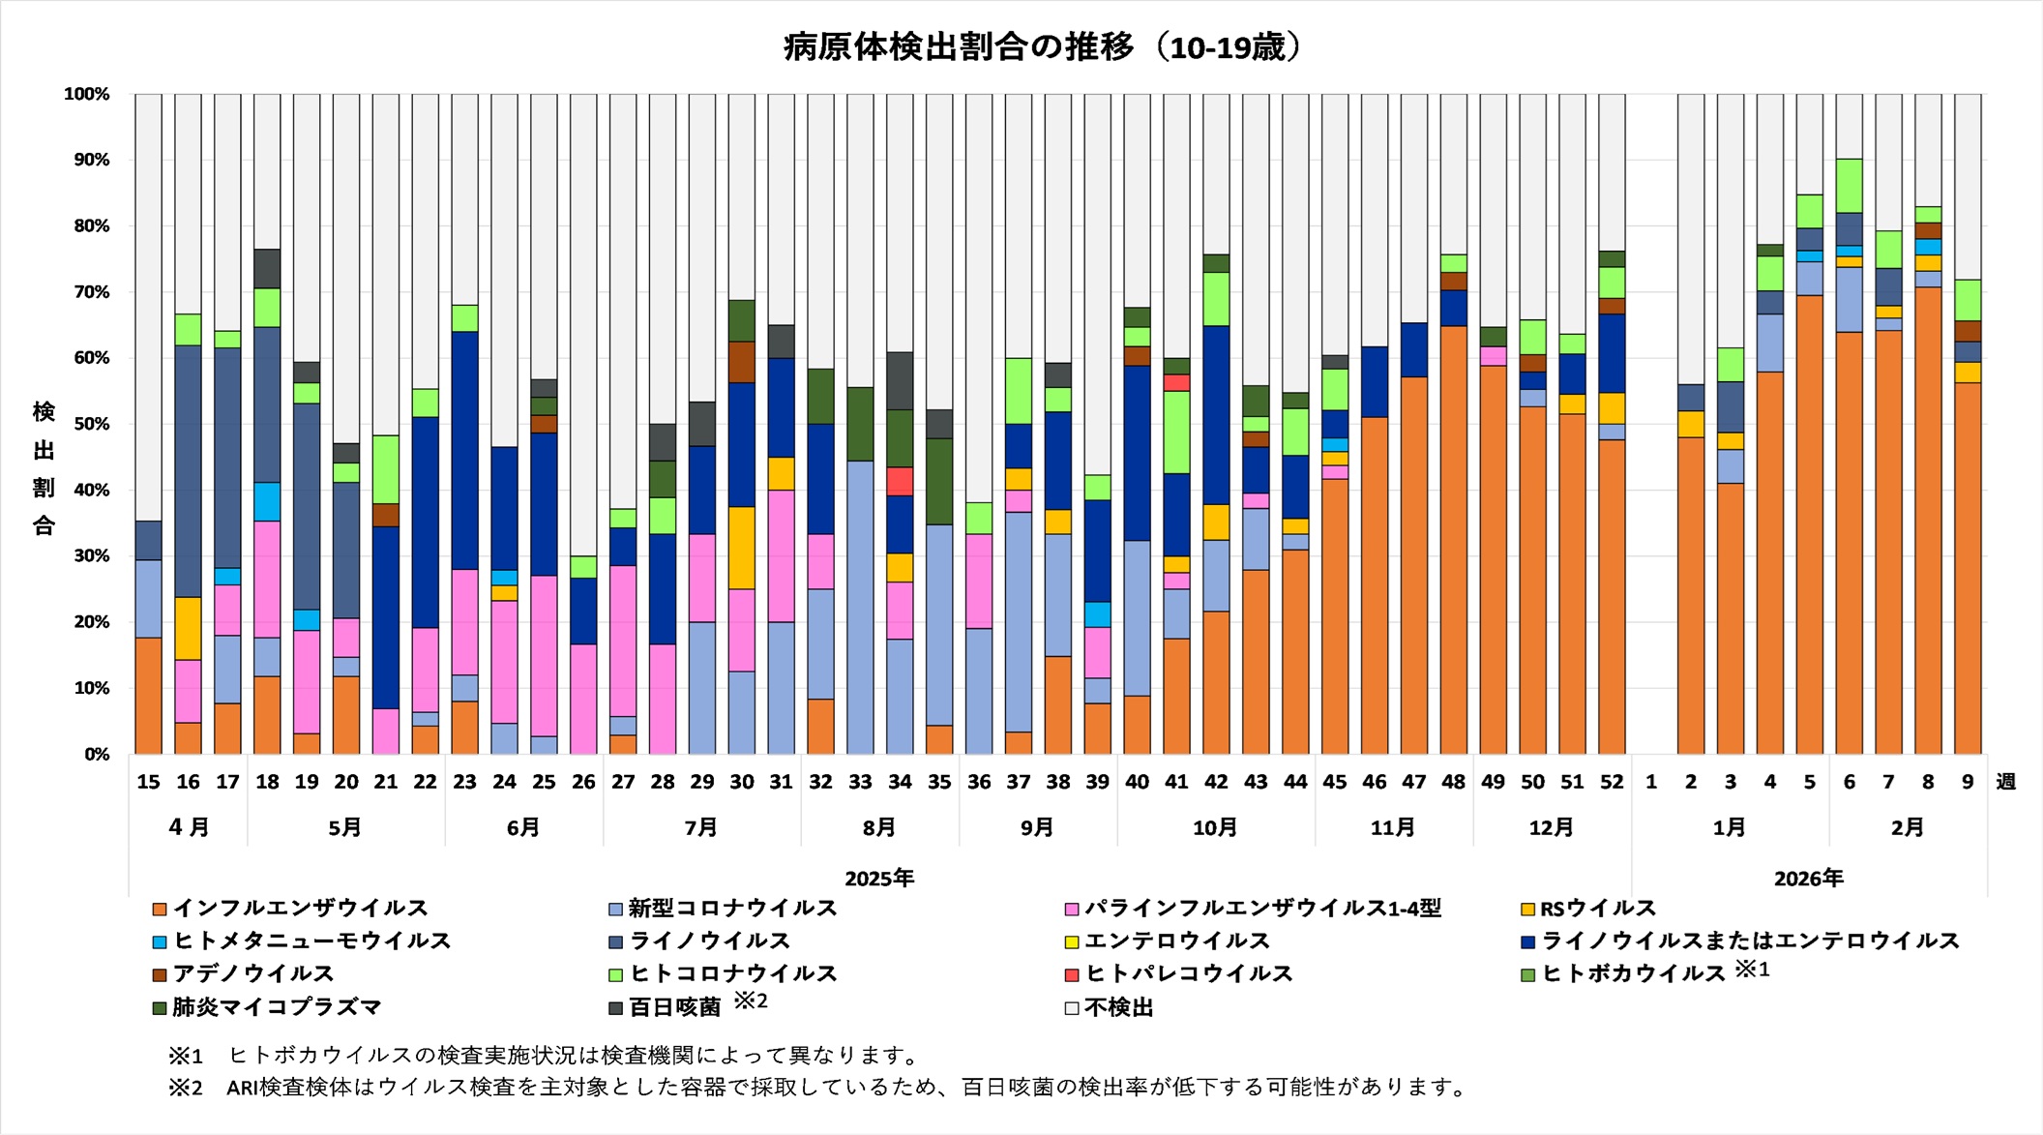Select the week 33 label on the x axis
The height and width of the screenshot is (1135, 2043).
point(860,782)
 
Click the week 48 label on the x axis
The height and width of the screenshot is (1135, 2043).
point(1453,782)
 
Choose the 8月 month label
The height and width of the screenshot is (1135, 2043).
point(878,828)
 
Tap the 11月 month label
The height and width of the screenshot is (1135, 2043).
point(1392,828)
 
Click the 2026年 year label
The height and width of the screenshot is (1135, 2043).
point(1808,879)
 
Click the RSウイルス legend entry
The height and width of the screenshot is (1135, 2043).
point(1597,909)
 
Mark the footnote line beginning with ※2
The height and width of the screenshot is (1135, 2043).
point(817,1088)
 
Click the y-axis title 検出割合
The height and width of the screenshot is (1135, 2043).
point(44,468)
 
